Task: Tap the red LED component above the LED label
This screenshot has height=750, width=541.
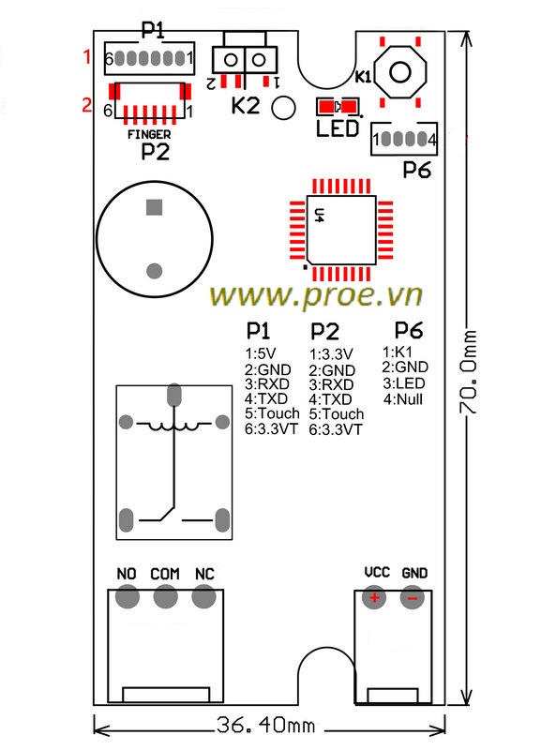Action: [338, 106]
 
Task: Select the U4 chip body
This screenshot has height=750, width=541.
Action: [341, 230]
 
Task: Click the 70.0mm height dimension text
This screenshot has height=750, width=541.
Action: [468, 371]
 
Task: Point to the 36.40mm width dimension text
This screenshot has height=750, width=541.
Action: [266, 725]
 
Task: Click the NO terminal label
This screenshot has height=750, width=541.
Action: [127, 574]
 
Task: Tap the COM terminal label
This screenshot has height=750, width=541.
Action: [165, 574]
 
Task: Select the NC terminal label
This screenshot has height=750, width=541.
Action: [204, 574]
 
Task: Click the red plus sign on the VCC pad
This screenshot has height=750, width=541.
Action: [374, 597]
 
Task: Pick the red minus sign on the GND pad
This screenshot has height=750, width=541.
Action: [412, 598]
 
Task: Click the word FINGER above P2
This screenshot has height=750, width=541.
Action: [149, 134]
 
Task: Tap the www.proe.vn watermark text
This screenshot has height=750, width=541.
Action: [316, 295]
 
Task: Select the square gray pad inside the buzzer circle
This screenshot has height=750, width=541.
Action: [154, 207]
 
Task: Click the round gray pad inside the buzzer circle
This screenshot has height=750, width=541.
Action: [154, 271]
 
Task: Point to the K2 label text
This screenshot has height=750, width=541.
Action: [246, 106]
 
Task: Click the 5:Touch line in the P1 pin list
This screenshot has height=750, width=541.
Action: [272, 413]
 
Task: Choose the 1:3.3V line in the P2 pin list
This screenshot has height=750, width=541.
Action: [331, 354]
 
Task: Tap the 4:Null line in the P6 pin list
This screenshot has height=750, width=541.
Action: [403, 399]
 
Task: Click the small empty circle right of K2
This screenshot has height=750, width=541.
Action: [283, 107]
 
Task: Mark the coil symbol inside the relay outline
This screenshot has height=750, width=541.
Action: [173, 425]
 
